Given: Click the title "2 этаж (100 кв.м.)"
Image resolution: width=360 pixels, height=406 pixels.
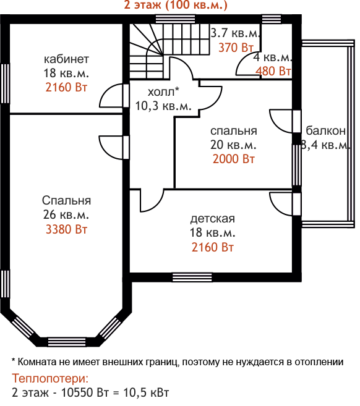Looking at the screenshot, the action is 176,5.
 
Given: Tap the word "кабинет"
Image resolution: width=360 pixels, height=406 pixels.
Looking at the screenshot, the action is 66,59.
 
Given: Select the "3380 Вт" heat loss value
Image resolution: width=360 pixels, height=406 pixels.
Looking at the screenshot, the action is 66,229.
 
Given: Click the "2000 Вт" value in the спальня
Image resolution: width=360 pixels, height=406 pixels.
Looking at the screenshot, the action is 234,159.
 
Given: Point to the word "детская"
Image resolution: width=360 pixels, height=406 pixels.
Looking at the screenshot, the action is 213,219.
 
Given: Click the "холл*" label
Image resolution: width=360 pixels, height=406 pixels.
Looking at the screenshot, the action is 163,91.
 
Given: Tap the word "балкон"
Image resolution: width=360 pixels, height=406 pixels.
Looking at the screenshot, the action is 326,131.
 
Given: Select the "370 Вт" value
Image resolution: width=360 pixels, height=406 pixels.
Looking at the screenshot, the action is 236,48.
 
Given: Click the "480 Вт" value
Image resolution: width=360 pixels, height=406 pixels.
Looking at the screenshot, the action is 273,71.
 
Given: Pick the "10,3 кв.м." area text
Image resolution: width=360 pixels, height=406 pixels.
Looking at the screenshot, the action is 163,106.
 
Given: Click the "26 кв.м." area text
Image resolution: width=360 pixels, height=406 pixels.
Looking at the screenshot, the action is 66,214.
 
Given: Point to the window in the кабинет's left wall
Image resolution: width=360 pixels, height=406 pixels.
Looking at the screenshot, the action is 5,84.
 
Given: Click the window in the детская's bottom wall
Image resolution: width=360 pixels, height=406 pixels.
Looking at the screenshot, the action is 192,277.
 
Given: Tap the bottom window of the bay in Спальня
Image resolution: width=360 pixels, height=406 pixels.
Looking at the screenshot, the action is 67,342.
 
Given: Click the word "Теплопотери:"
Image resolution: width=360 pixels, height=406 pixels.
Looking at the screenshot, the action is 50,378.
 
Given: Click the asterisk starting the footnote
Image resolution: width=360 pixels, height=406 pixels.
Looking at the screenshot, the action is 14,360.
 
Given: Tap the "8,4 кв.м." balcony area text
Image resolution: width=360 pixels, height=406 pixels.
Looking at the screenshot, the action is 326,145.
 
